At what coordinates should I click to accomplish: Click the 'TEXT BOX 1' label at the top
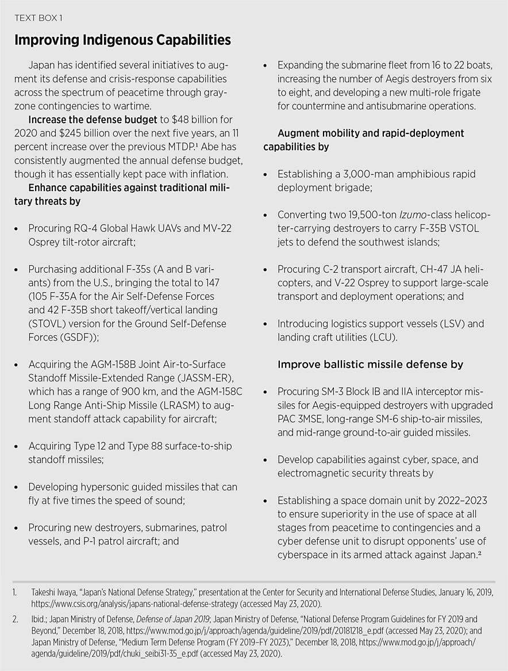tap(38, 18)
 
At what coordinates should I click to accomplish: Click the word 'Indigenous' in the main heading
tap(100, 40)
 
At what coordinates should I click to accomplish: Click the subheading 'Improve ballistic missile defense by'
tap(370, 364)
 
